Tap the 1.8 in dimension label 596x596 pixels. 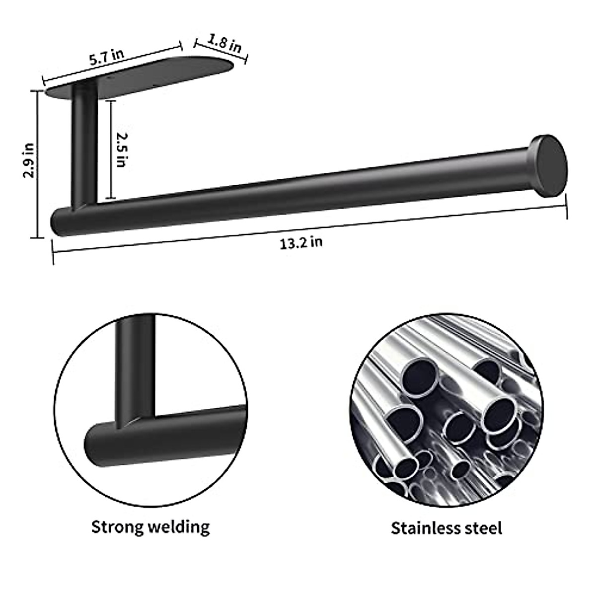(x=224, y=44)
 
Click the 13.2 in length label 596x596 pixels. (x=300, y=243)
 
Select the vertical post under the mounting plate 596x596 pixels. (x=83, y=144)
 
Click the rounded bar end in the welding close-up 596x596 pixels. (x=97, y=442)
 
